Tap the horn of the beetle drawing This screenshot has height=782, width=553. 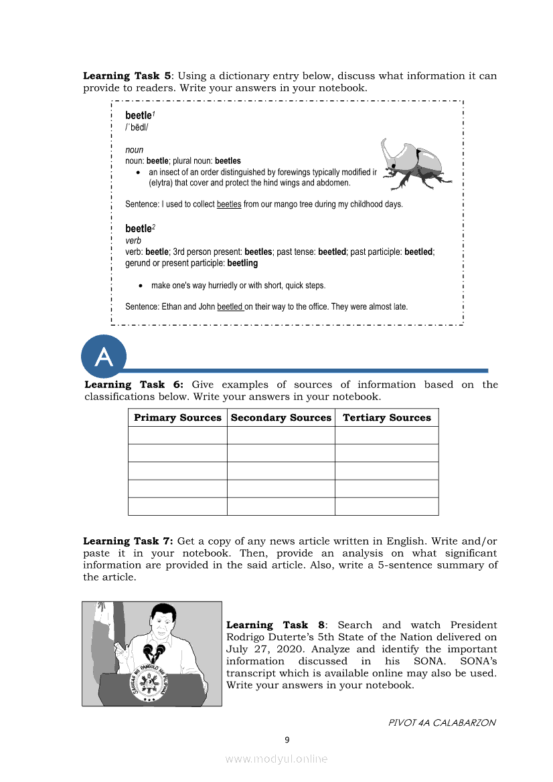pos(389,151)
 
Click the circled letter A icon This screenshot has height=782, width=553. pos(104,357)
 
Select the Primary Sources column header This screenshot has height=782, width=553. pos(177,417)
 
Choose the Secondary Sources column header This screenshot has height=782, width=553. pos(281,417)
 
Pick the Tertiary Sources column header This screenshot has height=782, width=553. pos(387,417)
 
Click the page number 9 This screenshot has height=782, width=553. pos(287,739)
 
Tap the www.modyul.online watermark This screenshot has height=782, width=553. pos(276,759)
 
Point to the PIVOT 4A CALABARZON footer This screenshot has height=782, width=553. pos(442,722)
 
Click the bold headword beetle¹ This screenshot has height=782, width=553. pos(139,116)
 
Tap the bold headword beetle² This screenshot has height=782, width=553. pos(139,229)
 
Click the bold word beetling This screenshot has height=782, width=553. pos(242,263)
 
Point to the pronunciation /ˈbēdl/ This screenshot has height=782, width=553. pos(137,127)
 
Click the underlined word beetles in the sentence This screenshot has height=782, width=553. pos(229,204)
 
